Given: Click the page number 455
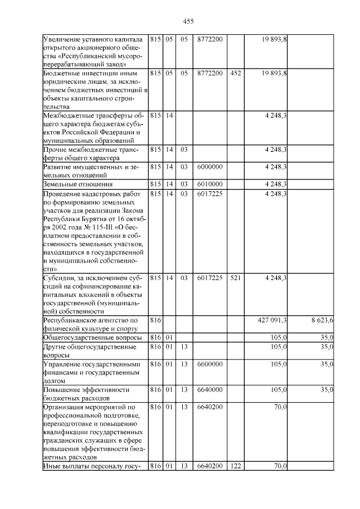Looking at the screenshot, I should pyautogui.click(x=188, y=21).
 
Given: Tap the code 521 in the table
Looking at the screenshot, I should pyautogui.click(x=236, y=278).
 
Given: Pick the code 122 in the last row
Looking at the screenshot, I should pyautogui.click(x=236, y=466).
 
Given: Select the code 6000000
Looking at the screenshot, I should pyautogui.click(x=210, y=167).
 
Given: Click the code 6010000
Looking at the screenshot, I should pyautogui.click(x=210, y=184).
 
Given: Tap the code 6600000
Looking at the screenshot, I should pyautogui.click(x=210, y=364).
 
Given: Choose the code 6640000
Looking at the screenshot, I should pyautogui.click(x=210, y=389).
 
